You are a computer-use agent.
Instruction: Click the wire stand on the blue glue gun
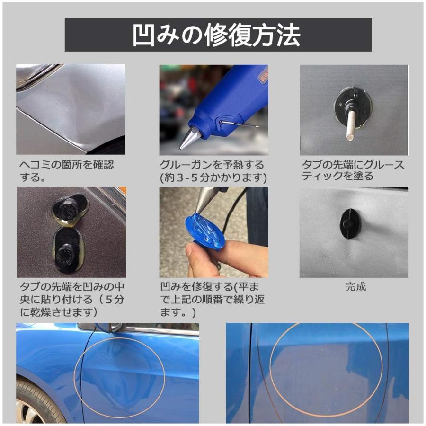click(x=239, y=124)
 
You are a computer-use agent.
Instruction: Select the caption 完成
click(x=355, y=287)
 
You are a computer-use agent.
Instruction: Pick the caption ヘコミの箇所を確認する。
click(x=67, y=170)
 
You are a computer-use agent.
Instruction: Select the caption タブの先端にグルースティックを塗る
click(x=353, y=170)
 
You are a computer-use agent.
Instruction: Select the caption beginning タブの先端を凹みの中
click(x=72, y=300)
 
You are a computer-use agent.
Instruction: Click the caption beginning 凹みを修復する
click(x=213, y=300)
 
